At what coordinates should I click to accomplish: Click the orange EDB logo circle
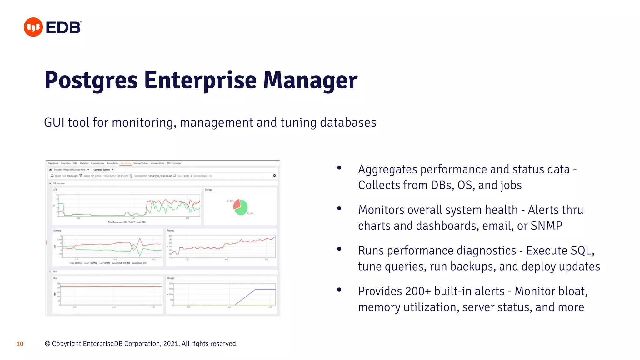click(x=33, y=27)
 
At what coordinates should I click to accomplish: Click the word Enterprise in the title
click(x=200, y=80)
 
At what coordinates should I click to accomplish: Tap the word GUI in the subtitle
click(x=54, y=122)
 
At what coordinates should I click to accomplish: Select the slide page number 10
click(x=20, y=344)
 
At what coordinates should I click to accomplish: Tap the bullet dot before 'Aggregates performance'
click(x=339, y=168)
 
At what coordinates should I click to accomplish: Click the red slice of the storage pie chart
click(x=237, y=204)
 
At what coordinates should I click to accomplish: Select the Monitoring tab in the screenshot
click(x=126, y=163)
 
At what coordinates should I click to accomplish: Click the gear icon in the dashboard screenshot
click(x=274, y=176)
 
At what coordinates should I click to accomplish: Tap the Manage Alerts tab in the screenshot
click(x=157, y=163)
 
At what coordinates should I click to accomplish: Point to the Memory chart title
click(x=57, y=231)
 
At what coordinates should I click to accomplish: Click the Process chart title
click(x=171, y=231)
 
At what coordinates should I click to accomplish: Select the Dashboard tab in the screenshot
click(x=53, y=163)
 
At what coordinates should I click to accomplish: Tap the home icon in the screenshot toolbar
click(x=50, y=170)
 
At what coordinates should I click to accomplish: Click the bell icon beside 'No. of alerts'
click(x=175, y=176)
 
